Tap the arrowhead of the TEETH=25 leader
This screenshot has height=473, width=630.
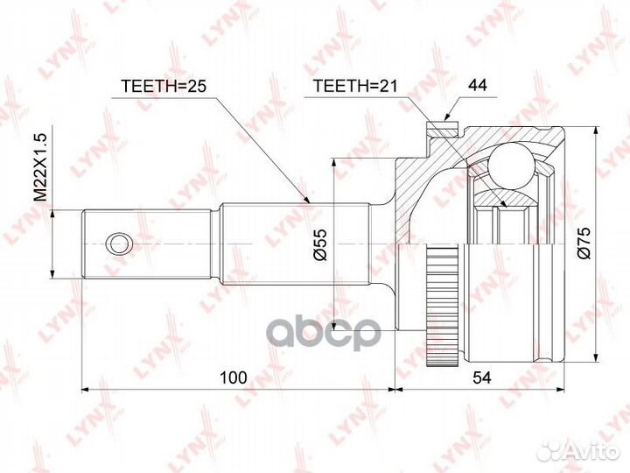pos(308,204)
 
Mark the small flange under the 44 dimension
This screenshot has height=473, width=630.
pos(444,131)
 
